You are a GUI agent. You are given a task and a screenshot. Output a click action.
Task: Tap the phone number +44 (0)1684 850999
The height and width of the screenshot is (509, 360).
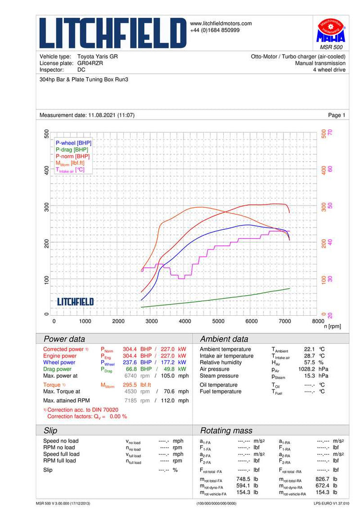(215, 30)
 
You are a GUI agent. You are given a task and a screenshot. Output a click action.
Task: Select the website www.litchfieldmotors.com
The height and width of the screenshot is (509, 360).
(221, 24)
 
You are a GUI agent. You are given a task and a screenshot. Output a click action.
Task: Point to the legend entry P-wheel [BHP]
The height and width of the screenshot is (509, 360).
(73, 143)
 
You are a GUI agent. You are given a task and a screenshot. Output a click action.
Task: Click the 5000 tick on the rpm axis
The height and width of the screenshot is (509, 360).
(218, 321)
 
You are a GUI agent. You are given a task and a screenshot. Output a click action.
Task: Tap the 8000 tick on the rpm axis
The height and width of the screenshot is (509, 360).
(318, 321)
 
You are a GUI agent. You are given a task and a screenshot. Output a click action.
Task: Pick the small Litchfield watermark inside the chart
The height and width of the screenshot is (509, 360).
(75, 302)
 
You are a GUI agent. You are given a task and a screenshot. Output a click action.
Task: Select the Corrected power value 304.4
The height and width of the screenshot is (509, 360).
(130, 349)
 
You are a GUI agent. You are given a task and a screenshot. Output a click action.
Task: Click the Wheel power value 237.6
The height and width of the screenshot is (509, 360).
(130, 363)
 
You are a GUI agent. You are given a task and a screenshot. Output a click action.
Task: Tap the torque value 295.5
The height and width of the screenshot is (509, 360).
(130, 385)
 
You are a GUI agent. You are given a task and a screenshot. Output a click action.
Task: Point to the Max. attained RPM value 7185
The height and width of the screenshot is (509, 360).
(131, 400)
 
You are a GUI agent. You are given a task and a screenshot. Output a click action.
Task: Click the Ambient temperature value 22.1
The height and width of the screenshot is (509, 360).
(309, 349)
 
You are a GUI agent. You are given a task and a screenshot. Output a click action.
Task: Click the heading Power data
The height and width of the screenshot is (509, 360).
(64, 339)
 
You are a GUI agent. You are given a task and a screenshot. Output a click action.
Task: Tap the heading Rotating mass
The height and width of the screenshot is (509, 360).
(226, 430)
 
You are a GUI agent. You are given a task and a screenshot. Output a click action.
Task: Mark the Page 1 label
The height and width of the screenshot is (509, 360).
(336, 115)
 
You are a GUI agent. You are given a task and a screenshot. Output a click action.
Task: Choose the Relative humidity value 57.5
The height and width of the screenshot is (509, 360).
(309, 363)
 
